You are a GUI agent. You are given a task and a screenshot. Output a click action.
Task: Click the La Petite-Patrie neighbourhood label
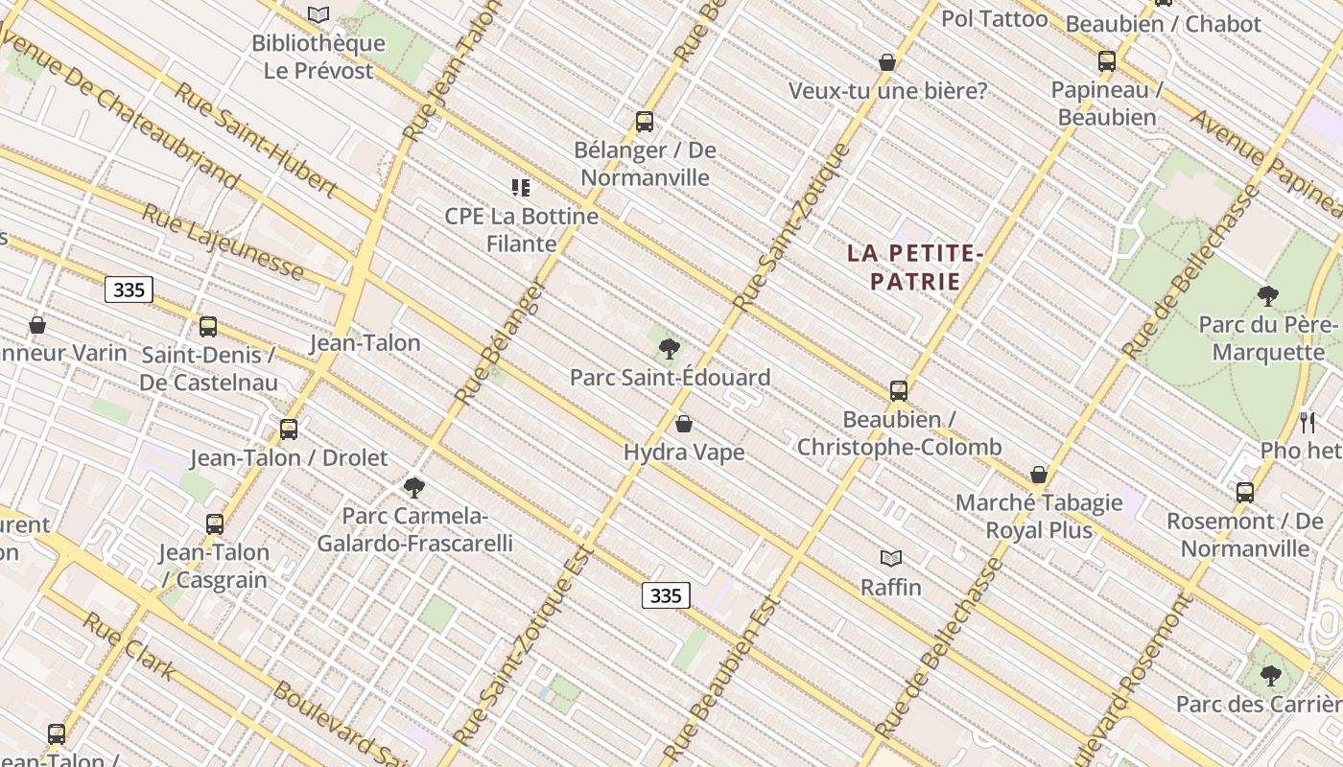pos(915,267)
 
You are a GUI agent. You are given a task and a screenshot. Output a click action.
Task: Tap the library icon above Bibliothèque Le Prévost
pos(318,14)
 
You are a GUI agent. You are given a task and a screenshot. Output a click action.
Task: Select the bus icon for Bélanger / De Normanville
pos(645,122)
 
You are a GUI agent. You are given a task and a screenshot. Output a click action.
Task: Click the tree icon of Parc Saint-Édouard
pos(670,349)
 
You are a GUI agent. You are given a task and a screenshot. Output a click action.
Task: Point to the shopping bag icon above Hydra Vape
pos(684,423)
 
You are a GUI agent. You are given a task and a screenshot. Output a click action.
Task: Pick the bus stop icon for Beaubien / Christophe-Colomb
pos(899,390)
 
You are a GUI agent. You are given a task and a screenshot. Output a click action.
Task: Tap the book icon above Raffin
pos(891,558)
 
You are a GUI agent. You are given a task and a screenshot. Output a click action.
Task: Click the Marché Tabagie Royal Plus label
pos(1039,516)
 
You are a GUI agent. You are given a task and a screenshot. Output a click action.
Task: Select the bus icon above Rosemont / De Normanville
pos(1245,493)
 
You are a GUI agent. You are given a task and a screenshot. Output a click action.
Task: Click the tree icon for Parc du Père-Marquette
pos(1268,296)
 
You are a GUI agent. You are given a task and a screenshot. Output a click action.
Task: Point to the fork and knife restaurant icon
pos(1307,421)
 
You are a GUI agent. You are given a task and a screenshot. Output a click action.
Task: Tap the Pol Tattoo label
pos(994,18)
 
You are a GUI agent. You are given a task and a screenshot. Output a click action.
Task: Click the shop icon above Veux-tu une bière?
pos(887,62)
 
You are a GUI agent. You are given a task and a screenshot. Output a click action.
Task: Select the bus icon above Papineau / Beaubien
pos(1107,61)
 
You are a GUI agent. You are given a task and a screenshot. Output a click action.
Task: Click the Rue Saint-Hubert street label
pos(255,140)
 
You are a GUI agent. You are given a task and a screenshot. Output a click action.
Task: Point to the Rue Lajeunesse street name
pos(223,241)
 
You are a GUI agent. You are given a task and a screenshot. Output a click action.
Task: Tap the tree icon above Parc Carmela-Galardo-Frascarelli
pos(414,488)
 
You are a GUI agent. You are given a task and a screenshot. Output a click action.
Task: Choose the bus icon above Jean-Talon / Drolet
pos(289,430)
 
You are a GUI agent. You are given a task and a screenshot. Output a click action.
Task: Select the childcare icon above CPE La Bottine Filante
pos(521,188)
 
